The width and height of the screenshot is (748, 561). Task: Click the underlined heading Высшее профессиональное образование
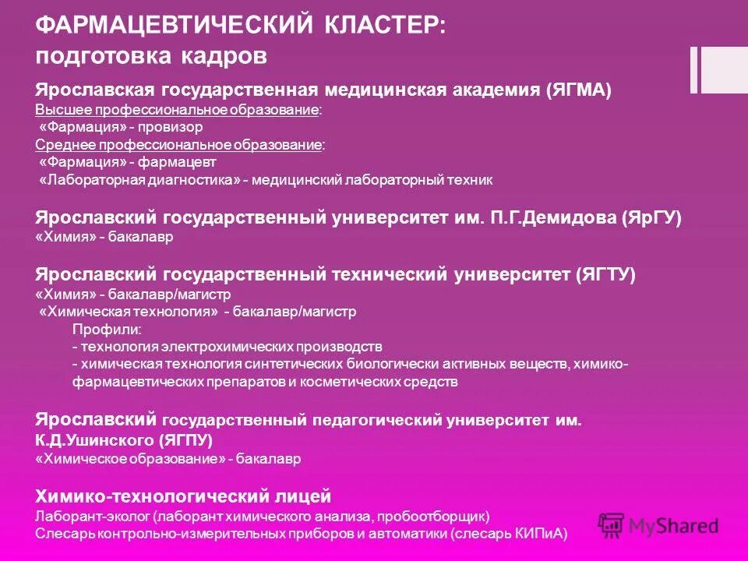pyautogui.click(x=178, y=110)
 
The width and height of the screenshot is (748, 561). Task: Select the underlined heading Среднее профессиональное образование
pyautogui.click(x=180, y=145)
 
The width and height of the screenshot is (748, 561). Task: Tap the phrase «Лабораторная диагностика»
pyautogui.click(x=140, y=180)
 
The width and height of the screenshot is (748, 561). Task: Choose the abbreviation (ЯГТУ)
pyautogui.click(x=605, y=274)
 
